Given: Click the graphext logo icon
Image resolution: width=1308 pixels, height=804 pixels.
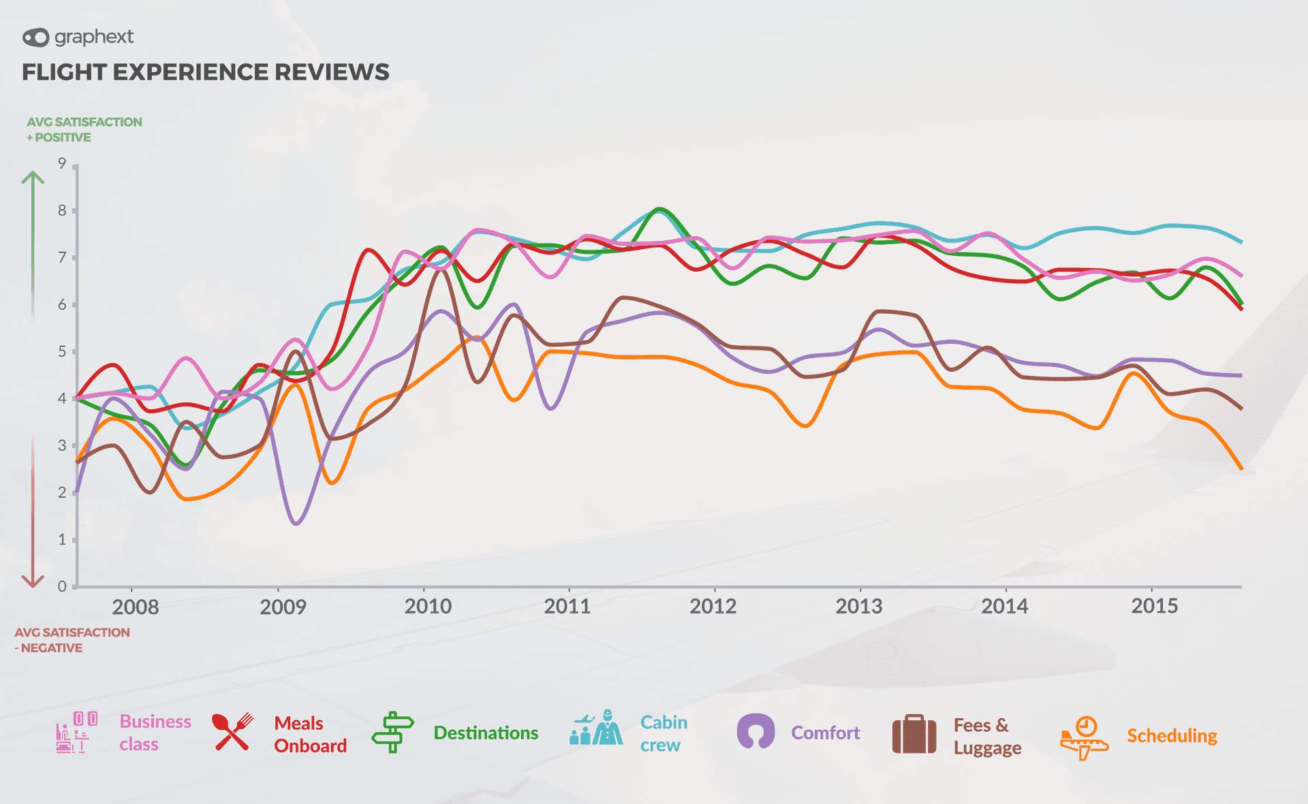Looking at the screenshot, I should click(x=35, y=37).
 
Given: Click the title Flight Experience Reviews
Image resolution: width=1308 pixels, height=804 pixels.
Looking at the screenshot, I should click(x=205, y=72).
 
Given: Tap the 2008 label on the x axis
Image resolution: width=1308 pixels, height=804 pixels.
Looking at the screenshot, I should click(x=135, y=607).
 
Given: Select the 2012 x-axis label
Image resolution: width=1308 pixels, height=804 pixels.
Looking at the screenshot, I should click(x=713, y=606).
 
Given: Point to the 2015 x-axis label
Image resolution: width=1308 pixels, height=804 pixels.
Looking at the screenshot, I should click(x=1154, y=605).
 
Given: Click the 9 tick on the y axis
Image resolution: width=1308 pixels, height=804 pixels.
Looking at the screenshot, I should click(x=62, y=163).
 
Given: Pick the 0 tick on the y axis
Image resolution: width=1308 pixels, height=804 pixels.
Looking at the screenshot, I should click(x=62, y=586).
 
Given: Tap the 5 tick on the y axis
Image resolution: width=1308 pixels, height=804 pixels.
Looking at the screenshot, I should click(x=62, y=351).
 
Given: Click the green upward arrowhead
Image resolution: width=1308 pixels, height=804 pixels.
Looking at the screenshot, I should click(x=33, y=178).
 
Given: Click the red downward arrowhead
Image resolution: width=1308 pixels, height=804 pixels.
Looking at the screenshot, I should click(x=33, y=581).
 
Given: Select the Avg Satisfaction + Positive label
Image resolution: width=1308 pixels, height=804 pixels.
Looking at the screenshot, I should click(x=84, y=129).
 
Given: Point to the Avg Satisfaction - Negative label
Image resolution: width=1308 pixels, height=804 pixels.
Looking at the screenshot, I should click(x=72, y=640).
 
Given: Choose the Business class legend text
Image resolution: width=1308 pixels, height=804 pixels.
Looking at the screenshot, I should click(x=155, y=733).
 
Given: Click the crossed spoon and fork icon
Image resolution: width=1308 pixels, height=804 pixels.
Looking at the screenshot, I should click(x=232, y=732).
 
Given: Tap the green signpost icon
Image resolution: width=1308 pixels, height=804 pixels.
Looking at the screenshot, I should click(x=392, y=732).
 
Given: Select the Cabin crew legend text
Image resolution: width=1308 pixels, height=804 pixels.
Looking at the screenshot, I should click(x=663, y=733).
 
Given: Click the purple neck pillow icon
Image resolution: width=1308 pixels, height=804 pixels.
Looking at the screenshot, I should click(x=756, y=732).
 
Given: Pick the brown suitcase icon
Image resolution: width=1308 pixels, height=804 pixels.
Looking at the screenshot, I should click(x=914, y=734).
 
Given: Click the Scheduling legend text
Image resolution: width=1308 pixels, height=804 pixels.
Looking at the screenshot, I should click(x=1171, y=736).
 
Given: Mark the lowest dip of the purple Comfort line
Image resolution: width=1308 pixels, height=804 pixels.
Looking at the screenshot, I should click(x=296, y=524).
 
